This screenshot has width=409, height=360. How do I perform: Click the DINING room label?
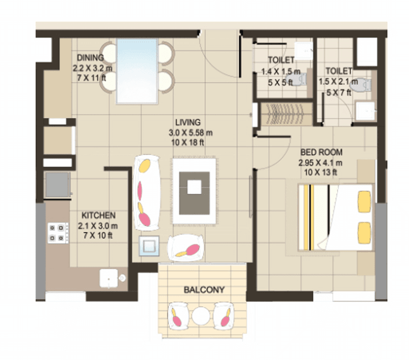(90, 57)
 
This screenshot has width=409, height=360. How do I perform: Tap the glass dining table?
(137, 71)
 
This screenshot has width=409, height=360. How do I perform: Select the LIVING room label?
(188, 122)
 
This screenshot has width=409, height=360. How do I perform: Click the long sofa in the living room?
(146, 193)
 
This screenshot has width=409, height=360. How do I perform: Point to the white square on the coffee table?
(194, 187)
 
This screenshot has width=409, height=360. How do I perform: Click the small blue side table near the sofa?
(149, 245)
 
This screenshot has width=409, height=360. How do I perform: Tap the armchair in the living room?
(186, 248)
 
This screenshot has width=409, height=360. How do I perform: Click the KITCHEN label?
(98, 215)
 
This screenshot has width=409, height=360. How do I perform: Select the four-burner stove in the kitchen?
(58, 233)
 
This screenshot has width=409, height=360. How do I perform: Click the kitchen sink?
(109, 278)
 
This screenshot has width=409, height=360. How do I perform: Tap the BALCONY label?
(204, 290)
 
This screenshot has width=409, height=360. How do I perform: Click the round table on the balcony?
(201, 316)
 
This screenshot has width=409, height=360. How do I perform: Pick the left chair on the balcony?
(179, 316)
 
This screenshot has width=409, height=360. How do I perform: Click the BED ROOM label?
(321, 152)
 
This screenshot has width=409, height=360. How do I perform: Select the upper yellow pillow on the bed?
(364, 202)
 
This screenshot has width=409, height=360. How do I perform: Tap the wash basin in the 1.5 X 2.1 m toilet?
(365, 111)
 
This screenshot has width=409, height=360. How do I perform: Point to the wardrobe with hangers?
(287, 114)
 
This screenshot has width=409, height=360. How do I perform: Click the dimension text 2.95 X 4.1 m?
(320, 163)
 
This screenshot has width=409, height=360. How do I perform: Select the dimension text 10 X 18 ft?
(188, 142)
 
